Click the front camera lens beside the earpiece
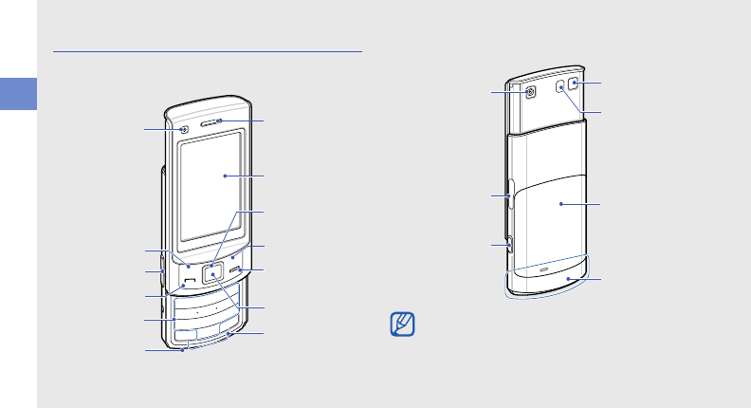184,129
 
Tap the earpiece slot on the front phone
219,121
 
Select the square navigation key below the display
212,270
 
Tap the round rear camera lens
529,92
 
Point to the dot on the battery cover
560,203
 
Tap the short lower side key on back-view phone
509,244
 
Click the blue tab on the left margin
18,94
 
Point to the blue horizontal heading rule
208,52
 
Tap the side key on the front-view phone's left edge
163,262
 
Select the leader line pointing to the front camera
162,128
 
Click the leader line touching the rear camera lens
509,91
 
